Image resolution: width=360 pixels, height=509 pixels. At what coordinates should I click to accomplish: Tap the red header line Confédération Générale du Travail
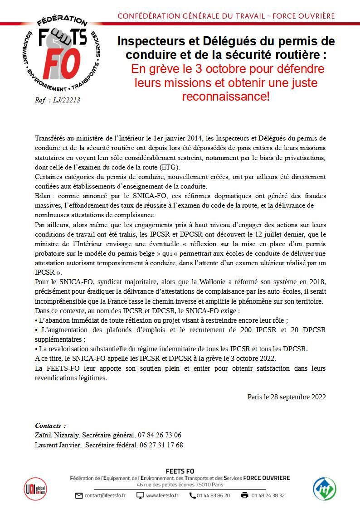point(226,16)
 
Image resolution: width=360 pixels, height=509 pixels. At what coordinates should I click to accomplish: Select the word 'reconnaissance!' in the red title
point(226,97)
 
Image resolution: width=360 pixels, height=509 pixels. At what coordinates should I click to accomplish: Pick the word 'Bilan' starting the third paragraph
point(43,196)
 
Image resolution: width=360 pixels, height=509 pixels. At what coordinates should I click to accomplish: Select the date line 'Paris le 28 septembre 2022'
point(287,397)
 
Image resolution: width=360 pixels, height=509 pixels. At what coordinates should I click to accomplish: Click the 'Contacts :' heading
point(50,425)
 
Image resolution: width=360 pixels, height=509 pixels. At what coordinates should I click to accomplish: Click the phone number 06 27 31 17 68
point(161,445)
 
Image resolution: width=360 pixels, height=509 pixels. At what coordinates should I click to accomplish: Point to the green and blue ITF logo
point(325,489)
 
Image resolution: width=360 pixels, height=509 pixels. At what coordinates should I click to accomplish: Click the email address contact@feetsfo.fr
point(105,495)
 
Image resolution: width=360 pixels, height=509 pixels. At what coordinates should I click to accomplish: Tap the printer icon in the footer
point(245,495)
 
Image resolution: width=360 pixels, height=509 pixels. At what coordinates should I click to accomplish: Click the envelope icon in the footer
point(79,495)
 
